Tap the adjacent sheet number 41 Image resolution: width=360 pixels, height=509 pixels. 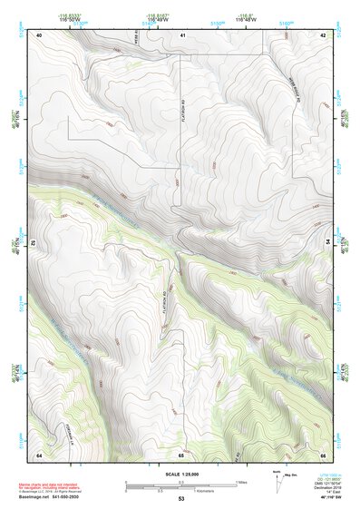click(182, 34)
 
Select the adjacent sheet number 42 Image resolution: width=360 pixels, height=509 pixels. click(324, 34)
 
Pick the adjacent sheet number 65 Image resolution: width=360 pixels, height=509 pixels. click(182, 455)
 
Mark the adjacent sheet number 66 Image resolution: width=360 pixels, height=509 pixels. click(324, 455)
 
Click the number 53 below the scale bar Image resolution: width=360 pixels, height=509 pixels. click(181, 499)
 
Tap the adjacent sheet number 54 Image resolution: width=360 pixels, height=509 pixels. click(327, 243)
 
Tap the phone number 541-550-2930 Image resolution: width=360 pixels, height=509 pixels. click(71, 497)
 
